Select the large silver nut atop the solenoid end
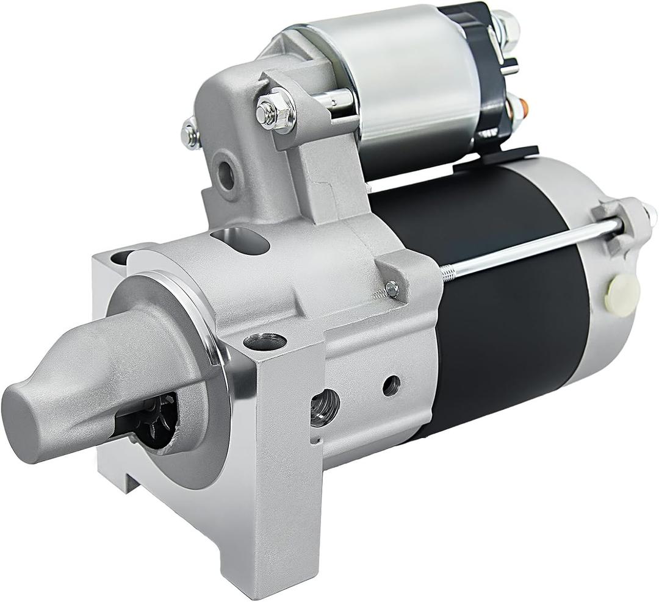[x=506, y=24]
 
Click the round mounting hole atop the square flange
[x=265, y=342]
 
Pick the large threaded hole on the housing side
[x=324, y=407]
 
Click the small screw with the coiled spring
[x=391, y=289]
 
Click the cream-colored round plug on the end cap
[x=622, y=295]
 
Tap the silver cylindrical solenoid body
[x=403, y=79]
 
